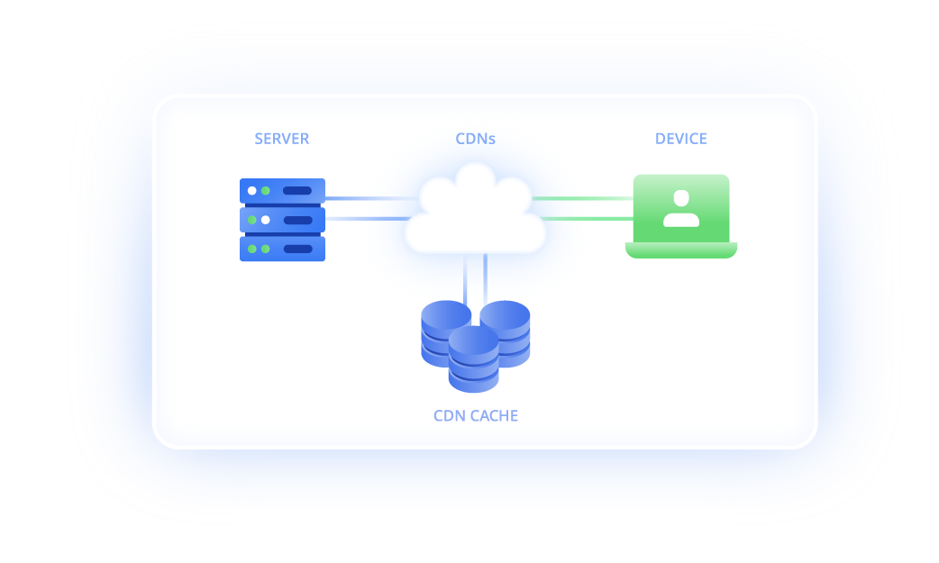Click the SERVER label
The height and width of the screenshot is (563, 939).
(x=281, y=139)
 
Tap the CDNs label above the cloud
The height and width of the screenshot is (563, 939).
(x=475, y=139)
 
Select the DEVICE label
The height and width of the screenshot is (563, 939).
(x=680, y=139)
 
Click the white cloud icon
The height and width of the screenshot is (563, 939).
(x=475, y=213)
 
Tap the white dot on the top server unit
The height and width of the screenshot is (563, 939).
(x=252, y=191)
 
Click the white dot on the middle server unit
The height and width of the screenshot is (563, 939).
(x=265, y=220)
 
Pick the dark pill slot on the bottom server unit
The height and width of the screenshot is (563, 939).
(x=297, y=249)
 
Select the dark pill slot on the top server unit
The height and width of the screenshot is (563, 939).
(x=297, y=191)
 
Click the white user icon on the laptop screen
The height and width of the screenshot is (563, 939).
(x=681, y=209)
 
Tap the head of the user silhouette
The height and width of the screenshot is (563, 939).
(x=681, y=199)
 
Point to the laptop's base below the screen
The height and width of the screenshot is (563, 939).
(x=681, y=250)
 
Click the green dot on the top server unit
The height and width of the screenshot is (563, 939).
(x=265, y=191)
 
